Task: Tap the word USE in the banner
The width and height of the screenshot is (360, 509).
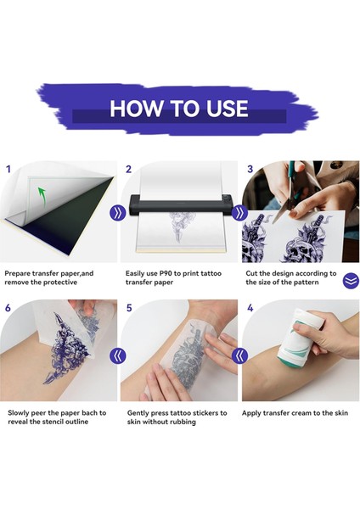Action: click(227, 108)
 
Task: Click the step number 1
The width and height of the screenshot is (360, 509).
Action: click(8, 169)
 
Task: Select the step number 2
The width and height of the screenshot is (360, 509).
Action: click(129, 169)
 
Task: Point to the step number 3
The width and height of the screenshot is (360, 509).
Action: click(250, 169)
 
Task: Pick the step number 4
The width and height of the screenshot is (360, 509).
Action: click(250, 308)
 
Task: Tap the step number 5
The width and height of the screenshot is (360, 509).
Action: click(129, 308)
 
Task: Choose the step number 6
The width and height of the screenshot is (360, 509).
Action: click(8, 308)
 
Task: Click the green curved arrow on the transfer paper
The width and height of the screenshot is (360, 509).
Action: click(42, 197)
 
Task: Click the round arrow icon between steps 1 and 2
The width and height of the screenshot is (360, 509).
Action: click(118, 213)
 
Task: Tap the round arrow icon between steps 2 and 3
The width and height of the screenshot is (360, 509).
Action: click(239, 213)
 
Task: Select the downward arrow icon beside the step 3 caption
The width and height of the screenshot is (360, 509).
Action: click(351, 281)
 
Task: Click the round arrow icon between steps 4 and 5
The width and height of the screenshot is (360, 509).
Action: click(239, 355)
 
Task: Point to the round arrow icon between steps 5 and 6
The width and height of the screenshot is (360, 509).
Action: click(118, 355)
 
